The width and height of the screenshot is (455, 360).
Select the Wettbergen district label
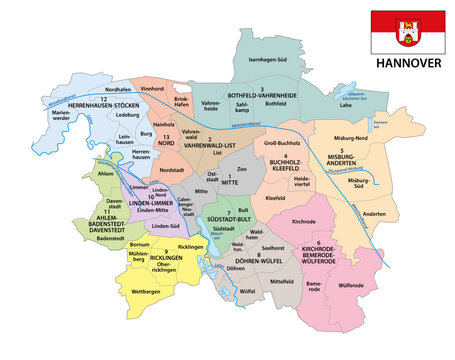[x=145, y=291]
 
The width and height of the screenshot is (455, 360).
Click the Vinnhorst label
[x=152, y=88]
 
